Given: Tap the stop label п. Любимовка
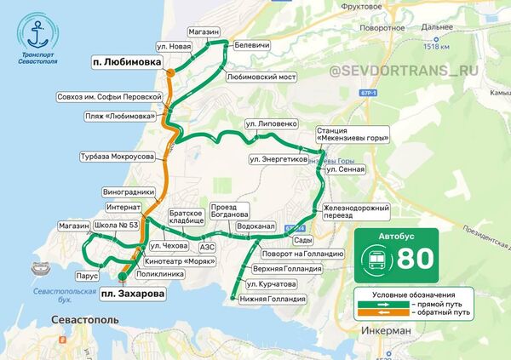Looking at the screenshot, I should point(127,63).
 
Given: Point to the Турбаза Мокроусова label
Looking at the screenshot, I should point(117,157).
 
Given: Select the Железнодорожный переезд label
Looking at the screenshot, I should point(357,212).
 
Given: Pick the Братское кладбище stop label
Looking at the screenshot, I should point(186,215).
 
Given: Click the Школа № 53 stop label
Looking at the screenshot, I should point(117,225).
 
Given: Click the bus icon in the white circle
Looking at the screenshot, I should point(375,258).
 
